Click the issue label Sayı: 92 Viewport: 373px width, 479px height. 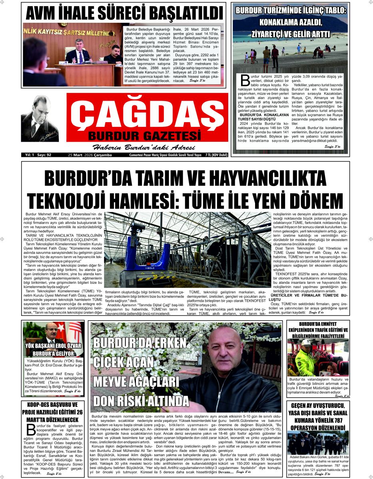tap(44, 155)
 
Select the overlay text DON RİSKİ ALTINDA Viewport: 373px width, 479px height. tap(141, 400)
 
